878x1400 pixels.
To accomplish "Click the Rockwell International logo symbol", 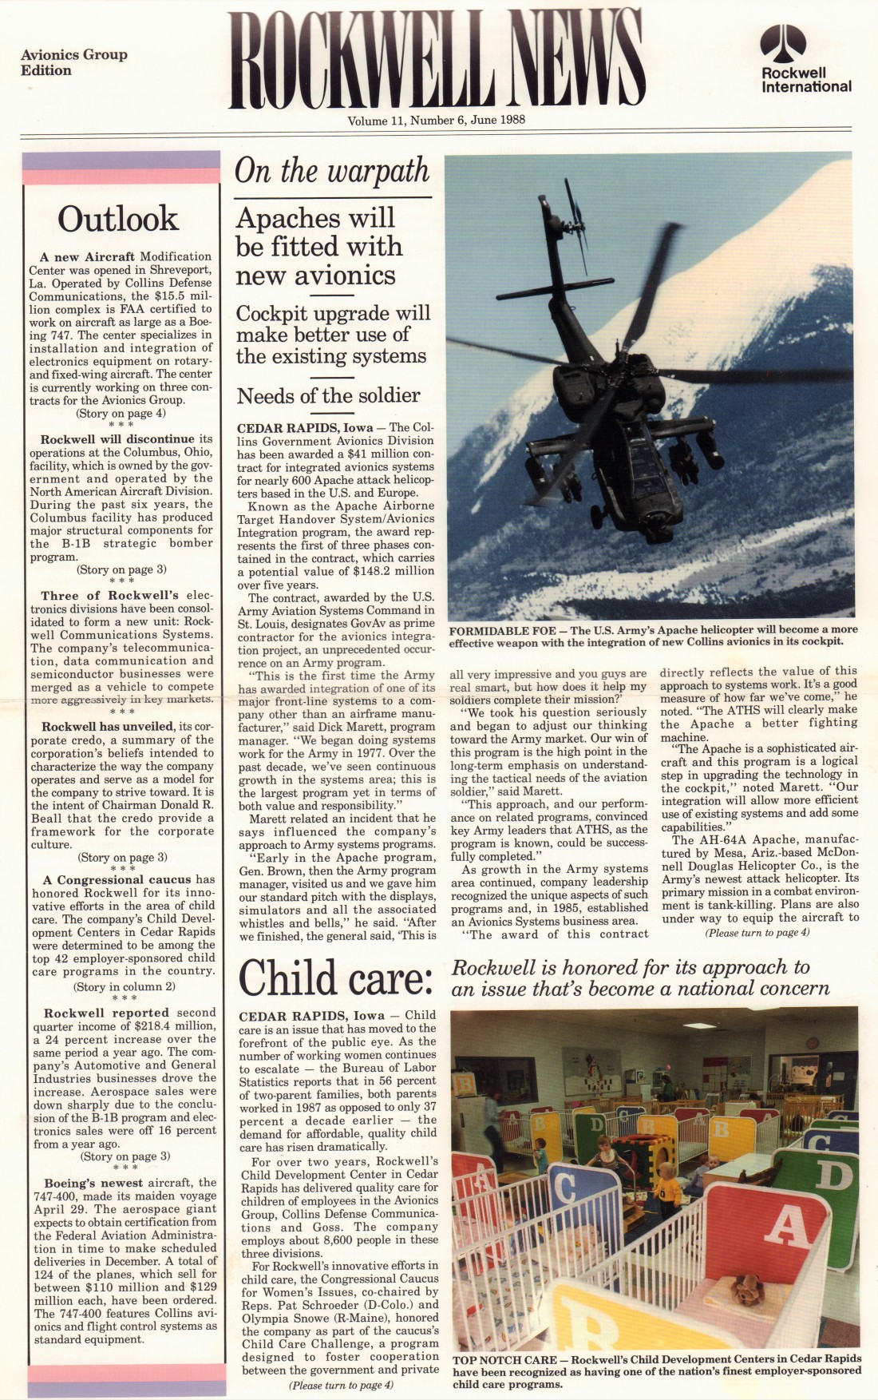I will click(x=782, y=44).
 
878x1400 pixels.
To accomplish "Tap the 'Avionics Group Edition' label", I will click(x=73, y=62).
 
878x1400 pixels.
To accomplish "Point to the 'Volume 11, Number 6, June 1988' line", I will click(x=436, y=121).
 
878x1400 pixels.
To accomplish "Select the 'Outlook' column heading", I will click(x=118, y=219).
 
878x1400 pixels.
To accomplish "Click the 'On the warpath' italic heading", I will click(x=331, y=171).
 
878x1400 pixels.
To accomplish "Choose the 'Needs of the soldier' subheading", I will click(x=328, y=395).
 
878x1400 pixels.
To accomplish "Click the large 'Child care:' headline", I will click(x=335, y=976).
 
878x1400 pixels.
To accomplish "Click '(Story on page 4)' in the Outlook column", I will click(x=121, y=414).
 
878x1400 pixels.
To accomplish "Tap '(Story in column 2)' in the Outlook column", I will click(x=121, y=986).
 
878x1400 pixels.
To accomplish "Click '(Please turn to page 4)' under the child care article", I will click(x=341, y=1385).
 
